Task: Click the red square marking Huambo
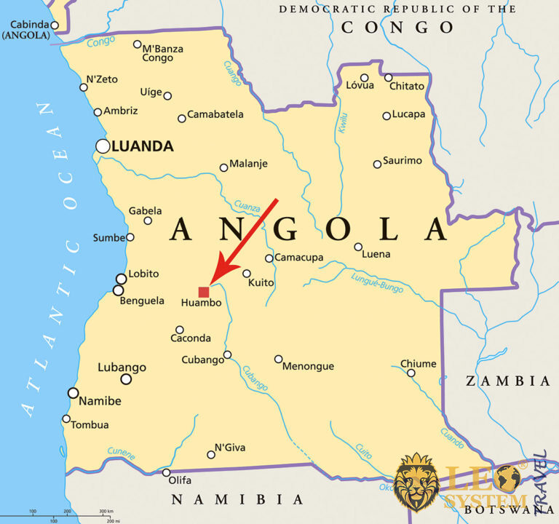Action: click(204, 292)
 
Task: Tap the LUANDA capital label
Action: click(143, 146)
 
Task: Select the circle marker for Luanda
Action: click(103, 146)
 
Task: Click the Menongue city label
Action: click(308, 366)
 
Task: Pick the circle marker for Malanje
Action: click(224, 167)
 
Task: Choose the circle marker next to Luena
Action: click(358, 247)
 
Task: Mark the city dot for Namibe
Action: click(73, 393)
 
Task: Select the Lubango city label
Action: click(122, 368)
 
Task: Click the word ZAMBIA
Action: click(508, 381)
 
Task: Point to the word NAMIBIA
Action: click(237, 499)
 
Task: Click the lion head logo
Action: click(416, 480)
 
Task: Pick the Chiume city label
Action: click(419, 364)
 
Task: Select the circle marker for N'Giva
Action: click(211, 455)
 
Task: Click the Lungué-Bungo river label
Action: click(376, 282)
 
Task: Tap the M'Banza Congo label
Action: click(162, 53)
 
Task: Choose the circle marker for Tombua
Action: click(66, 418)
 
